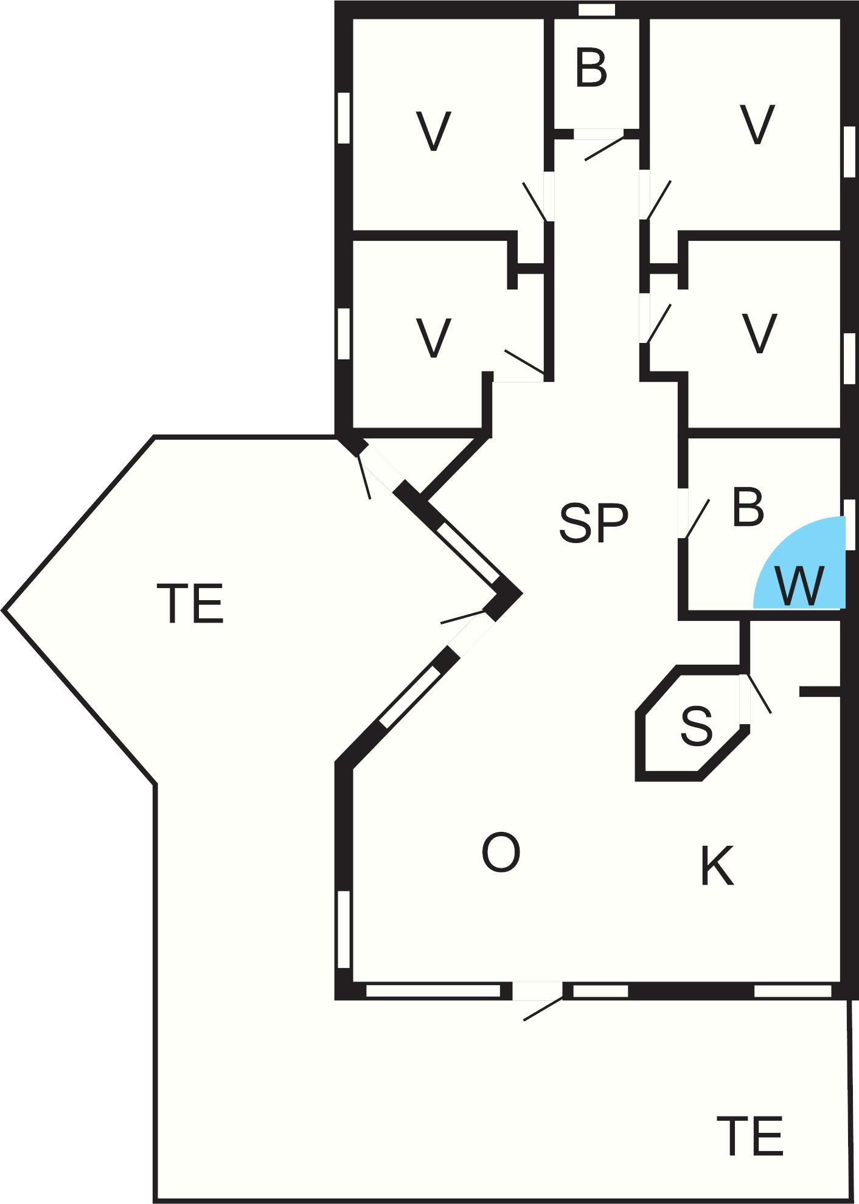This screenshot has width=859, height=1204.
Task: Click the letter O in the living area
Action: pos(501,853)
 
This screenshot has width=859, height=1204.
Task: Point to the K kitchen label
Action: pos(717,866)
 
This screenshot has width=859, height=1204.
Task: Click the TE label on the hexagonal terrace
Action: pos(190,603)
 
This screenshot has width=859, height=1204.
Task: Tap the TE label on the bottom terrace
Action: pos(749,1136)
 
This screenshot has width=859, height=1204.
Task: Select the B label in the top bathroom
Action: pos(591,69)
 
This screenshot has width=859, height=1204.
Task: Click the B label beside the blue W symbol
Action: pos(748,508)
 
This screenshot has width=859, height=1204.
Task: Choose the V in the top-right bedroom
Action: pos(757,125)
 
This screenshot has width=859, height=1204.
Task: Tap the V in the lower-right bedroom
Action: pos(759,333)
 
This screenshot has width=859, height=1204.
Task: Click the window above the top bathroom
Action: pos(596,10)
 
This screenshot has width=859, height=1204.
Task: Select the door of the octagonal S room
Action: pos(745,699)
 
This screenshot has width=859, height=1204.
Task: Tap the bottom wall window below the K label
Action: pos(792,991)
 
